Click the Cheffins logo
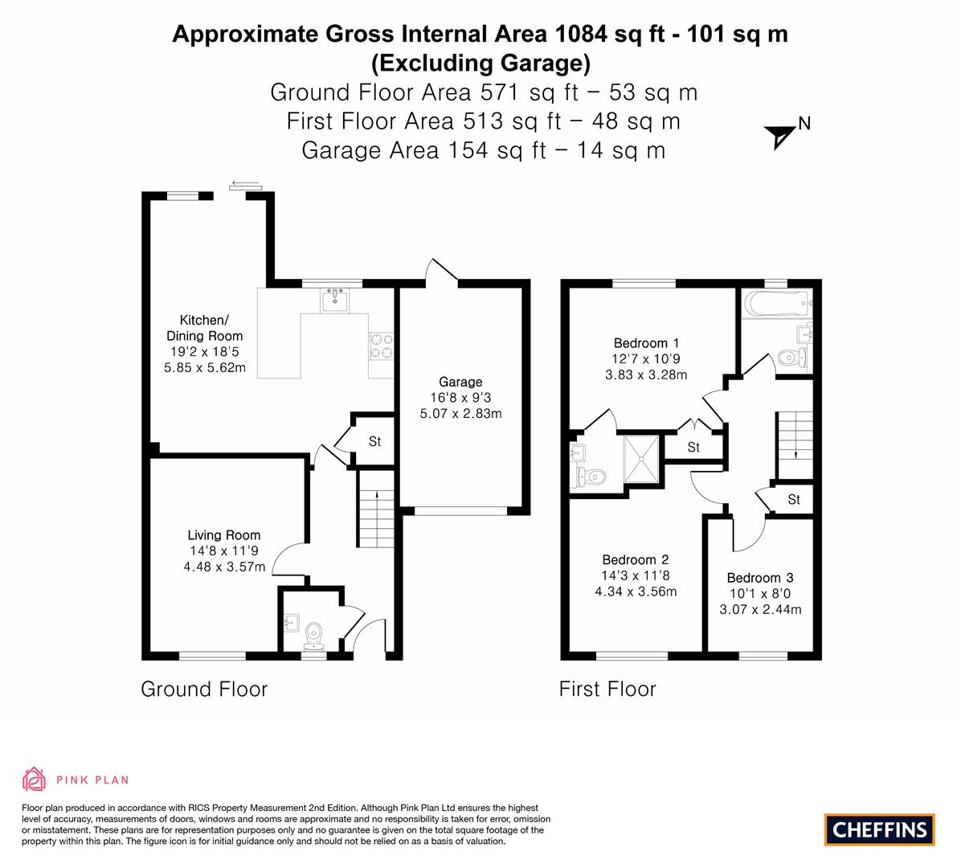pyautogui.click(x=879, y=829)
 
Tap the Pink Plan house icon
pyautogui.click(x=35, y=779)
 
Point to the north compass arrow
pyautogui.click(x=780, y=137)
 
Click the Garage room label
pyautogui.click(x=460, y=382)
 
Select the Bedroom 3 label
pyautogui.click(x=760, y=578)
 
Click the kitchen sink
pyautogui.click(x=335, y=300)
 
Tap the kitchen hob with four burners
pyautogui.click(x=381, y=346)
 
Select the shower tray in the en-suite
pyautogui.click(x=641, y=459)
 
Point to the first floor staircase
pyautogui.click(x=795, y=445)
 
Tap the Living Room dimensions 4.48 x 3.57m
pyautogui.click(x=225, y=567)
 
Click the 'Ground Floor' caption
pyautogui.click(x=204, y=689)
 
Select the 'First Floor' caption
pyautogui.click(x=607, y=689)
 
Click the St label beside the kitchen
pyautogui.click(x=374, y=441)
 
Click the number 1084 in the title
pyautogui.click(x=580, y=34)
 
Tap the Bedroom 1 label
pyautogui.click(x=646, y=343)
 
